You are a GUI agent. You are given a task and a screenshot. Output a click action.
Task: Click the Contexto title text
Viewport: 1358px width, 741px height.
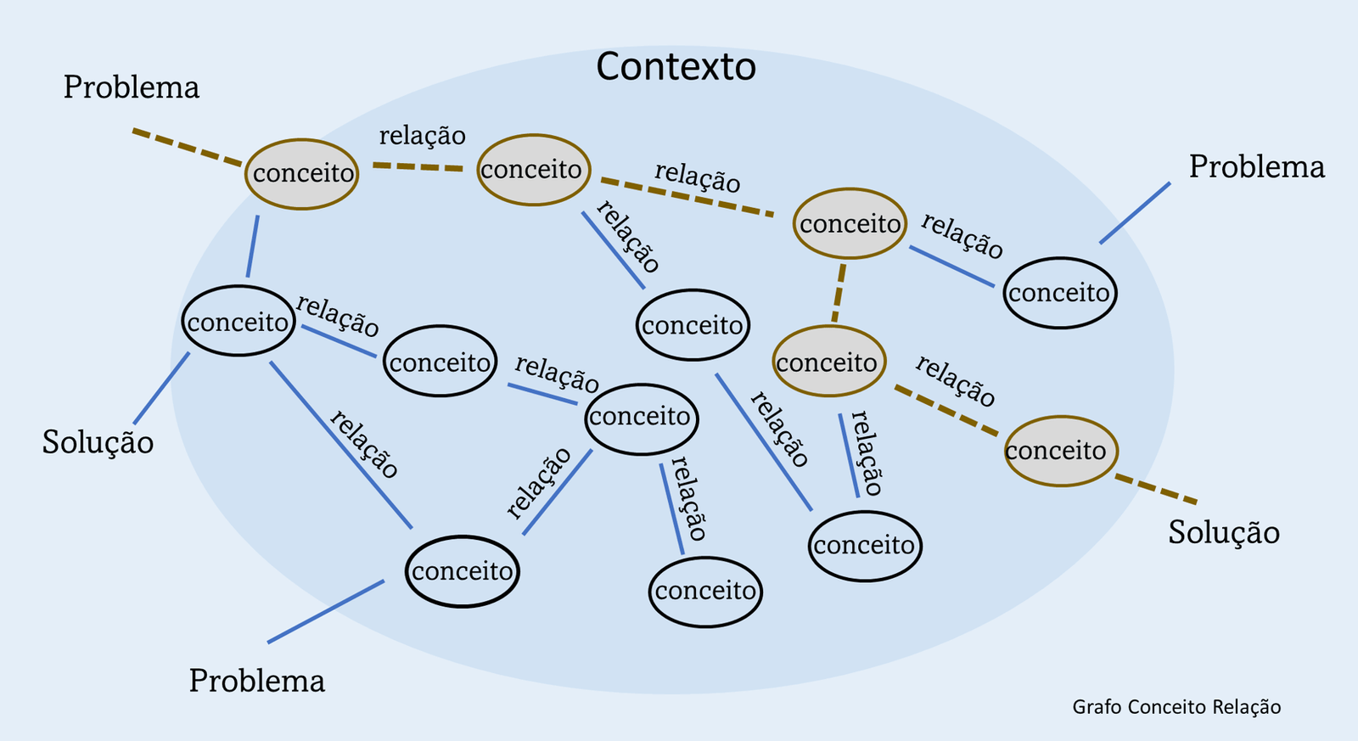(x=676, y=67)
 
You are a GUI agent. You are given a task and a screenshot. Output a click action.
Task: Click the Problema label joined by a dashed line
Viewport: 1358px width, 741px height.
(x=132, y=87)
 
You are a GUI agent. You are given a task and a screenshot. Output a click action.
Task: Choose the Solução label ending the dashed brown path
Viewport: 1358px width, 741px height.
(x=1223, y=532)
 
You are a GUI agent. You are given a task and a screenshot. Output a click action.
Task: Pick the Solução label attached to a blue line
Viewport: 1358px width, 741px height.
(x=98, y=442)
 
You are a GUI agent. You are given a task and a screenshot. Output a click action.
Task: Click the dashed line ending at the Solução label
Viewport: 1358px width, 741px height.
(x=1156, y=490)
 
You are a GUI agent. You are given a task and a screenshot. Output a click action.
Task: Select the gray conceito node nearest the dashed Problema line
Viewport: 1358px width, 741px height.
(x=301, y=174)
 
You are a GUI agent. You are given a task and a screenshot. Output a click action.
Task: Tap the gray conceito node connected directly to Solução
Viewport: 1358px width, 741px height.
(x=1060, y=451)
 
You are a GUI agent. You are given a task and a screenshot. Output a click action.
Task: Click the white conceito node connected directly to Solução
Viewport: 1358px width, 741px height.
(x=238, y=322)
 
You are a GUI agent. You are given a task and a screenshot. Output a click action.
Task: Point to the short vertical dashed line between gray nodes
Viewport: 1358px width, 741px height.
(x=839, y=293)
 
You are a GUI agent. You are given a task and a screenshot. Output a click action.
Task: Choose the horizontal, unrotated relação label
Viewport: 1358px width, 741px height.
(x=422, y=136)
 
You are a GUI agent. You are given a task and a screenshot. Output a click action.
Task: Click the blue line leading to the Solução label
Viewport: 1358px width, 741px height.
(x=161, y=388)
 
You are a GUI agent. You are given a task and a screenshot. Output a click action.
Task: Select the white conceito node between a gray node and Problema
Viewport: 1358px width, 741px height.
(x=1059, y=293)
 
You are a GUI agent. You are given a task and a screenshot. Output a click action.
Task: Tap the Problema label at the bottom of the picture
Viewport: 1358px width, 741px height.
(x=256, y=681)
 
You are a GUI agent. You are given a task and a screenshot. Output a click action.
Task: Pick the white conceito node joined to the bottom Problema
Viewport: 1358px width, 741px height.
(x=462, y=571)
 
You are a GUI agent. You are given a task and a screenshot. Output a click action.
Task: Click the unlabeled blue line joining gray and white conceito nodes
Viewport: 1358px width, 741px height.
(x=253, y=246)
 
